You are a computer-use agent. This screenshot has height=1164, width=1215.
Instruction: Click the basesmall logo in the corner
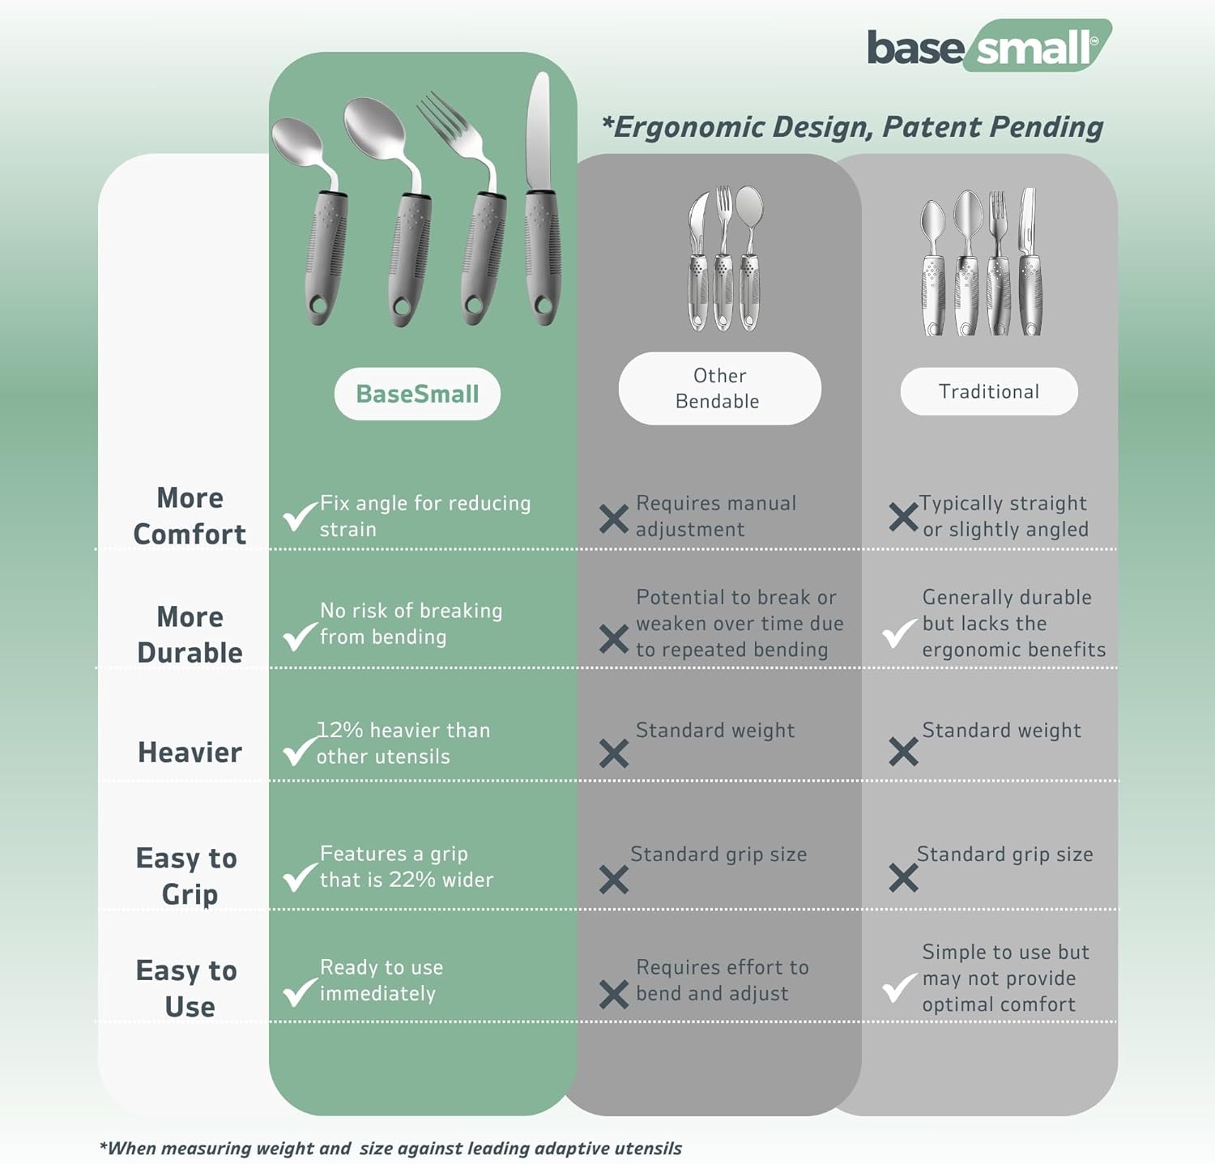(988, 47)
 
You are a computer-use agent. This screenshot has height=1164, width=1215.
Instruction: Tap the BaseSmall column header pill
(417, 394)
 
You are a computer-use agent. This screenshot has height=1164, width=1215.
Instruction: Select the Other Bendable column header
(719, 389)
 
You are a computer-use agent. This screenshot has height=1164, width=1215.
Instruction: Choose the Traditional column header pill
(989, 392)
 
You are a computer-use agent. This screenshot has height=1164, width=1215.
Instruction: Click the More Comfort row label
(190, 516)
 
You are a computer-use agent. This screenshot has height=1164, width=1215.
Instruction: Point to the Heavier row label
(190, 753)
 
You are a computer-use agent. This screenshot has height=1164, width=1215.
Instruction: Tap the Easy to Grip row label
(187, 876)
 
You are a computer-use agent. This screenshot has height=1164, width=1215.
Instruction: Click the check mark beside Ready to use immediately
(300, 990)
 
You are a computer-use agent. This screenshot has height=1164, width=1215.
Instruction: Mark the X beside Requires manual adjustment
(614, 518)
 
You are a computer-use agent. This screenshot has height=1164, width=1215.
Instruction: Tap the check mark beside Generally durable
(899, 633)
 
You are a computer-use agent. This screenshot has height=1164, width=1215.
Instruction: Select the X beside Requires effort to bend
(614, 994)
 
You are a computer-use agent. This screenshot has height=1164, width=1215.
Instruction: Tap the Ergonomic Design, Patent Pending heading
(852, 127)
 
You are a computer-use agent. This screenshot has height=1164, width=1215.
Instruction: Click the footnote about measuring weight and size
(390, 1148)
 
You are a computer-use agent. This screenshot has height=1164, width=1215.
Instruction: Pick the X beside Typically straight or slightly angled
(903, 517)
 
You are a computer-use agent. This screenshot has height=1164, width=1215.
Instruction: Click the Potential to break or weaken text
(739, 624)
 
